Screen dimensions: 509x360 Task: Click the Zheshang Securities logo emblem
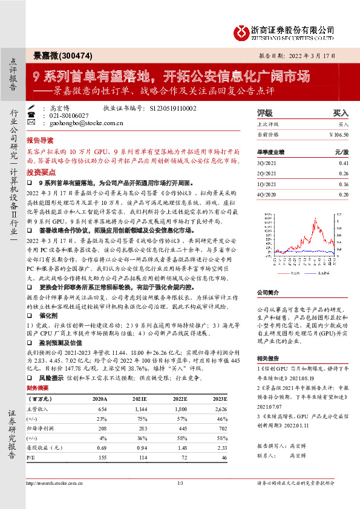[243, 30]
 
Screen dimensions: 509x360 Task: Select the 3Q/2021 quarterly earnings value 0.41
[344, 163]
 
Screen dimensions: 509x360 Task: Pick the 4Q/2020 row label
[266, 193]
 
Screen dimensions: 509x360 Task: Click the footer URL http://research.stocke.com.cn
[57, 484]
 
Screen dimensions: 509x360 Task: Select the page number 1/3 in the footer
[180, 484]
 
